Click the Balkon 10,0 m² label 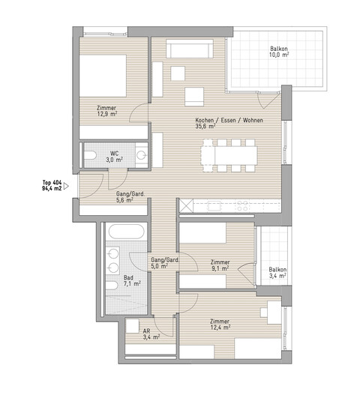(279, 52)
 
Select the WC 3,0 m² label (115, 157)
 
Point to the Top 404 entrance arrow (66, 186)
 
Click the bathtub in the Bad (126, 232)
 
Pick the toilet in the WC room (90, 155)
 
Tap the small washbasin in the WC (142, 155)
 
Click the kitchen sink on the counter (214, 206)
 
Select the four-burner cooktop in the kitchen (242, 205)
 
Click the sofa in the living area (190, 49)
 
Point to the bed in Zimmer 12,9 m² (103, 76)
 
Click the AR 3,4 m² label (151, 334)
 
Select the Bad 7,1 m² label (132, 280)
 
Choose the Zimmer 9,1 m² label (220, 265)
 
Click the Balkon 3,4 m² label (277, 273)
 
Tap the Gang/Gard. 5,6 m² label (130, 197)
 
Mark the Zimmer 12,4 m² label (220, 325)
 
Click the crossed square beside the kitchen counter (186, 206)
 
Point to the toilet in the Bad (112, 286)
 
